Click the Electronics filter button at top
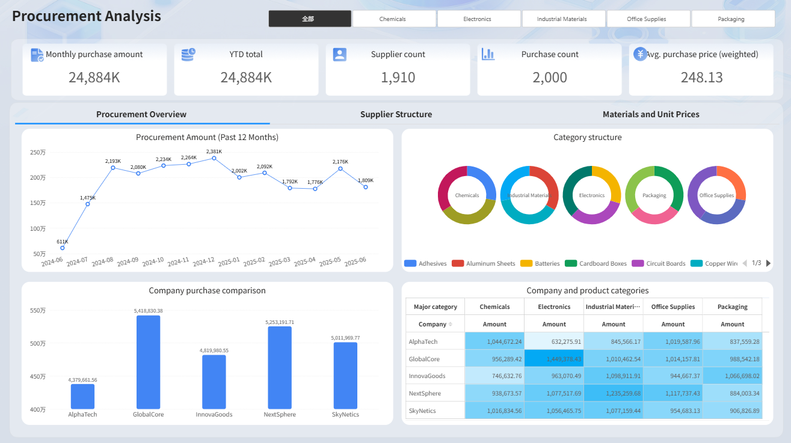[477, 19]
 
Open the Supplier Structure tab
[396, 114]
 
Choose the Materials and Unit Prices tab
[651, 114]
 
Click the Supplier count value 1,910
[398, 77]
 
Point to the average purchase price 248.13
[701, 77]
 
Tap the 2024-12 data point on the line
[214, 158]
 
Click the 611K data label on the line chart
[63, 242]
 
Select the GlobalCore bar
[149, 362]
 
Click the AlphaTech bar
[82, 396]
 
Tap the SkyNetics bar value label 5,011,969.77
[345, 338]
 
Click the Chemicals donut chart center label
[467, 195]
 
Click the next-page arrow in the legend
[768, 263]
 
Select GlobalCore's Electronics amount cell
[554, 359]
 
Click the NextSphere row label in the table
[423, 393]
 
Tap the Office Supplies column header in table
[673, 307]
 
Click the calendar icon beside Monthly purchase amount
[37, 55]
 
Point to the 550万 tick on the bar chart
[37, 311]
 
